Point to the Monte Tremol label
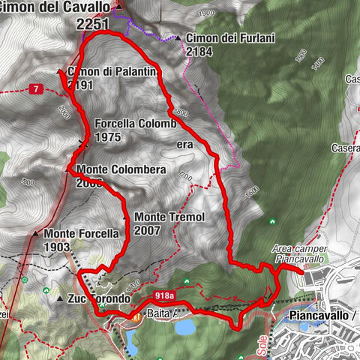tap(169, 217)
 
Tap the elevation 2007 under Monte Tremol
tap(148, 230)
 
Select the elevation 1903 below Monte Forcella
tap(57, 247)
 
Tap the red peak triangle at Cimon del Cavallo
tap(118, 7)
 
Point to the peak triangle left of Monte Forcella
tap(34, 233)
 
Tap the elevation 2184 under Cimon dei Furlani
tap(200, 52)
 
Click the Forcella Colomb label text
tap(135, 124)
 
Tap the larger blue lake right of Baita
tap(185, 327)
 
